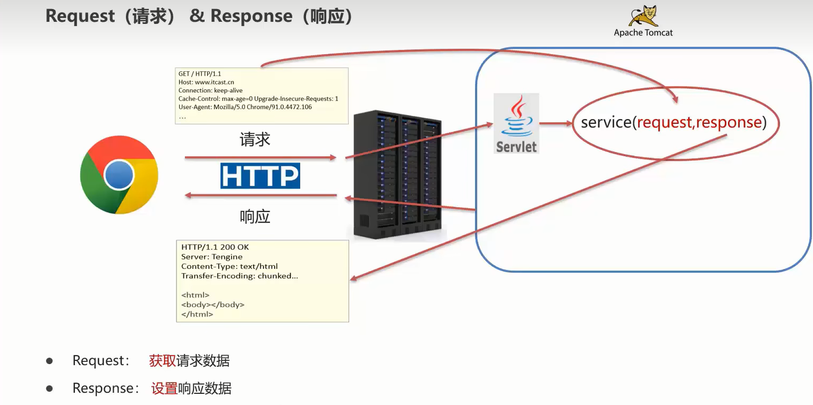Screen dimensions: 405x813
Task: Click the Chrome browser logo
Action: click(119, 175)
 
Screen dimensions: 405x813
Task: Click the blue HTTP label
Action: click(260, 176)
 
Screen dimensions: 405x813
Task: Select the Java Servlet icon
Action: click(516, 123)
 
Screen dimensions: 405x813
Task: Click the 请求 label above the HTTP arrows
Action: click(255, 139)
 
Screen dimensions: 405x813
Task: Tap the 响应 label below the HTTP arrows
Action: click(255, 216)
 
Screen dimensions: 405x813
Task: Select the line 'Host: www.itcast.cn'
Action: click(206, 82)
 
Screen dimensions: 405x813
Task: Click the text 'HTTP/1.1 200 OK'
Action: click(215, 247)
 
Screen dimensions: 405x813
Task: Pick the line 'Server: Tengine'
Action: click(211, 257)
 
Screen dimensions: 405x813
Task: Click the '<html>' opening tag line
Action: click(195, 295)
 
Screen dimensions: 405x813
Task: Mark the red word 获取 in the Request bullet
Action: click(163, 361)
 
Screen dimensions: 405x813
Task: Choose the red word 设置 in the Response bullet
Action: click(164, 389)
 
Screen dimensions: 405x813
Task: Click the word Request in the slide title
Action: click(80, 16)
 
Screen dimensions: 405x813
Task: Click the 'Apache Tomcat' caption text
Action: click(643, 33)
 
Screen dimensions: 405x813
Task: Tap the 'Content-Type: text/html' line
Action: click(229, 266)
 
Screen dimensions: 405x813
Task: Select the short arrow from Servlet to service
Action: click(556, 123)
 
